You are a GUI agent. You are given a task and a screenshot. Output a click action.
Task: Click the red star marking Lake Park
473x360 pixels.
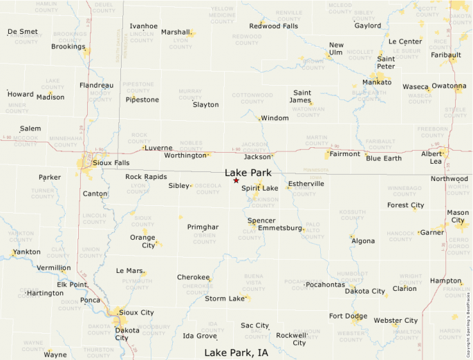236,180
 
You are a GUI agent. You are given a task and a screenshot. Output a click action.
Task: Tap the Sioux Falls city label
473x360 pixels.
111,163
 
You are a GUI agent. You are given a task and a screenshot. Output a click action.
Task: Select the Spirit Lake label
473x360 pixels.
260,188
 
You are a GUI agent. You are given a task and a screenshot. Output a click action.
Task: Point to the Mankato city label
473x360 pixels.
377,82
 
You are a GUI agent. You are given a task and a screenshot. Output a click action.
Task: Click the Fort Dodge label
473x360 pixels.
348,316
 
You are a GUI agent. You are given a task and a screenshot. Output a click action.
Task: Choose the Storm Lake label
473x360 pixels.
225,299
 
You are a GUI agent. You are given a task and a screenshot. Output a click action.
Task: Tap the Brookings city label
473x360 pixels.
68,47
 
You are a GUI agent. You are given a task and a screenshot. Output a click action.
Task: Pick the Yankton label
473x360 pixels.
26,252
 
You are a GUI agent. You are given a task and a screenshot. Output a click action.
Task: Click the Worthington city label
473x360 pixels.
185,155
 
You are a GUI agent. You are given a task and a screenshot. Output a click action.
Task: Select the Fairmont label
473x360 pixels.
344,154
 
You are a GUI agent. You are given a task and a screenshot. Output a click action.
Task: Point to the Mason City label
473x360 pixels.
458,216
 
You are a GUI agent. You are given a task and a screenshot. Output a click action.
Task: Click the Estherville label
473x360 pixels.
306,184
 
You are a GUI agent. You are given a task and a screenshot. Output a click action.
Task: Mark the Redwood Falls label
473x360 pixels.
274,26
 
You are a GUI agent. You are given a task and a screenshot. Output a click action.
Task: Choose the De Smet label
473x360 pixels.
23,32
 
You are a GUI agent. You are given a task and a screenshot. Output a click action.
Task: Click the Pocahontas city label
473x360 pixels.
324,285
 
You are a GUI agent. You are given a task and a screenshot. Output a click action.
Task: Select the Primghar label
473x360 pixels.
203,227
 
